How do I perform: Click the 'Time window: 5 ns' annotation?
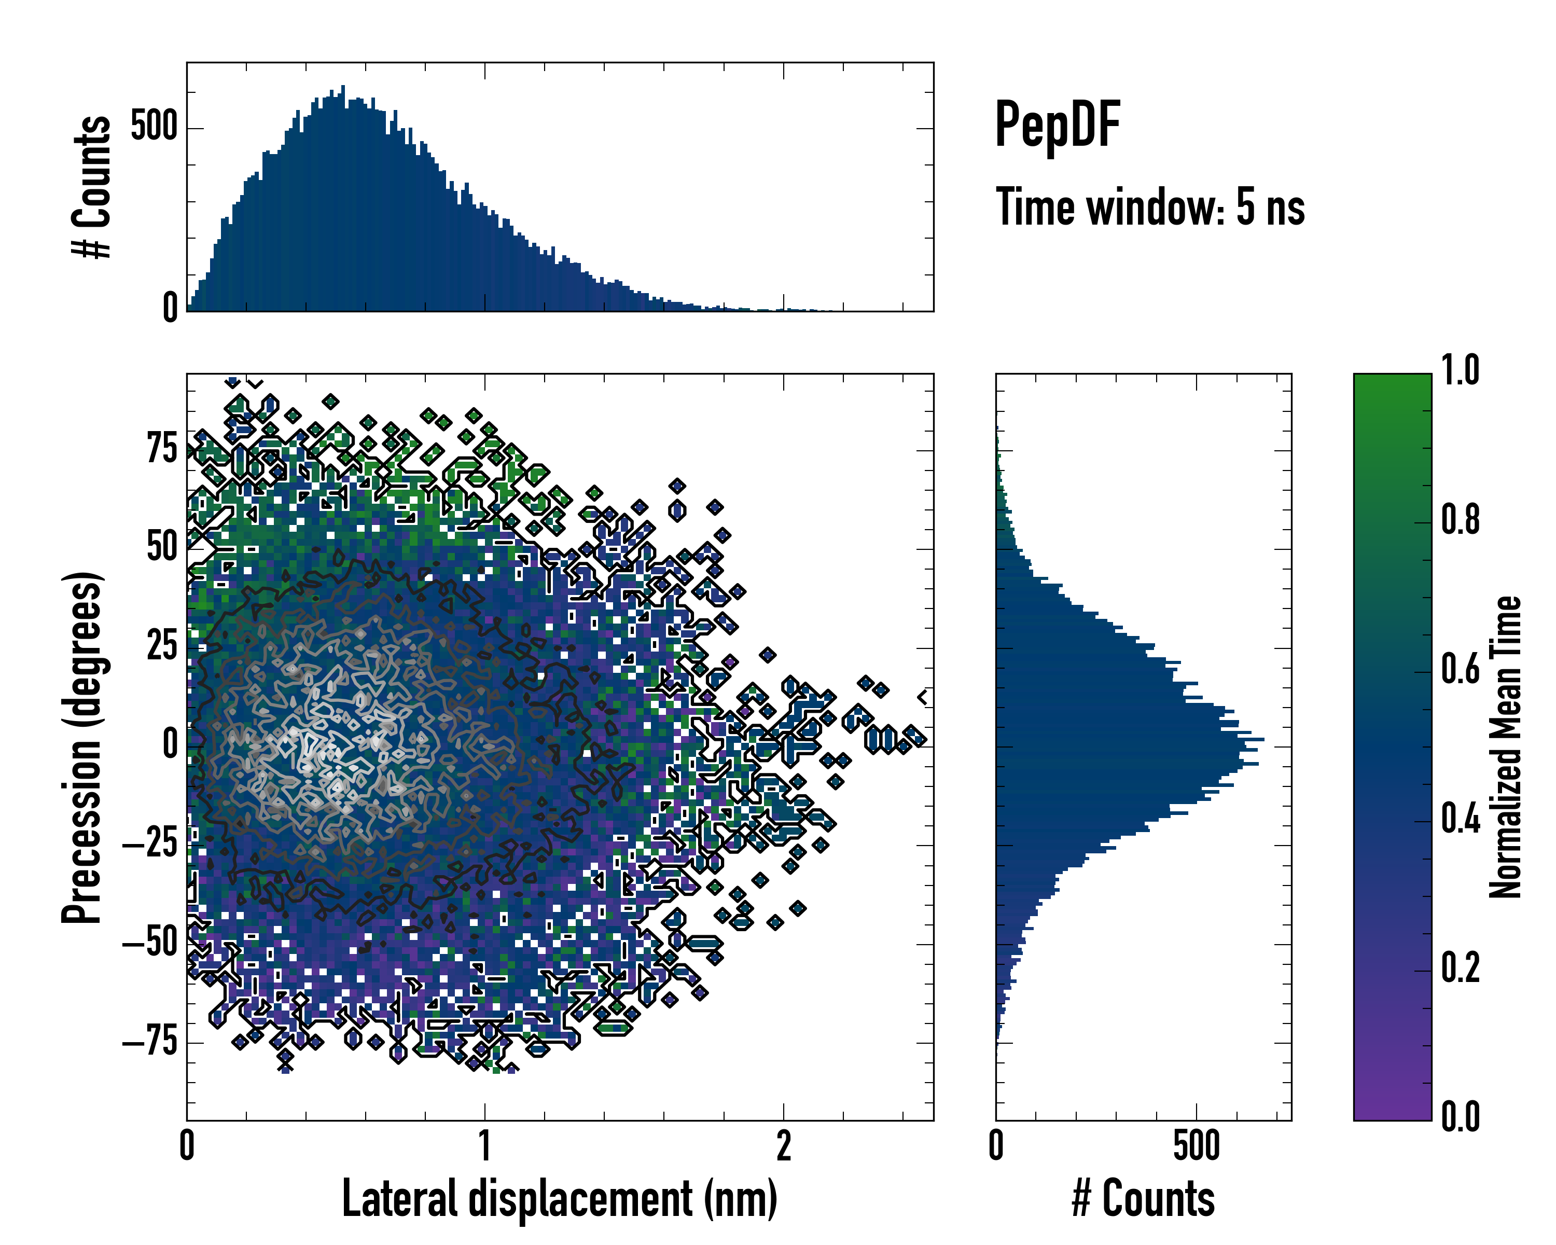1150,207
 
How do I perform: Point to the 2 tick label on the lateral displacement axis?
783,1146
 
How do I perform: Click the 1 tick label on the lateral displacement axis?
485,1146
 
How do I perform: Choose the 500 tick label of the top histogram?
154,127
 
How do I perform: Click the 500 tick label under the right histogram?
1197,1146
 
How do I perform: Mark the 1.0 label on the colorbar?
1461,370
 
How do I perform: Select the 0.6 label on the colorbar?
1461,669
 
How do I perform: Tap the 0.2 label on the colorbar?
1461,968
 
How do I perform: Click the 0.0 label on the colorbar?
1461,1116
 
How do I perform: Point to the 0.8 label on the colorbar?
1461,520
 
